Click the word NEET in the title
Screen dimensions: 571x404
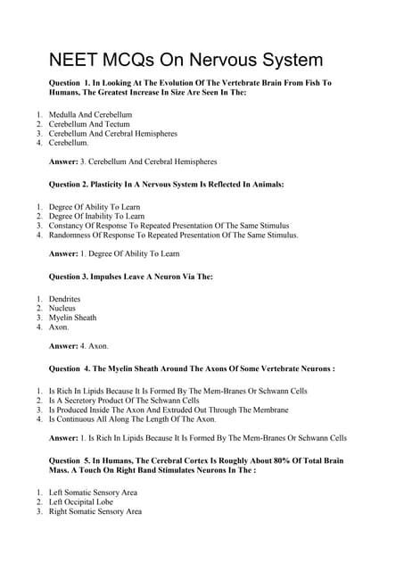point(73,60)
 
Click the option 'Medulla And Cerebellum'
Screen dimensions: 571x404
point(90,115)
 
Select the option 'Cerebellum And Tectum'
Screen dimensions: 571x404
point(87,124)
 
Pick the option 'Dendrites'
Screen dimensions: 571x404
point(64,298)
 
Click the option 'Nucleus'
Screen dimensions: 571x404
point(62,308)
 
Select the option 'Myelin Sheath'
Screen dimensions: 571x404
point(72,318)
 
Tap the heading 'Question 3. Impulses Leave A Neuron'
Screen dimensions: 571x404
point(130,277)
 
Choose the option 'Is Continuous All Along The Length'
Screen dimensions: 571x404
point(132,418)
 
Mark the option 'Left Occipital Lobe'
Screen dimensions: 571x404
point(87,502)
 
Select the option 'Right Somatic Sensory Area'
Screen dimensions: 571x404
point(95,512)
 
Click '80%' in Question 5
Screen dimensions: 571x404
point(268,459)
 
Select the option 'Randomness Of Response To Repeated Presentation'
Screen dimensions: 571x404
point(173,236)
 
